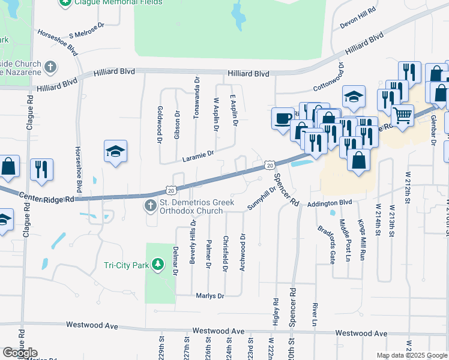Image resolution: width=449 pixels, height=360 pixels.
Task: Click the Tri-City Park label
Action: tap(125, 265)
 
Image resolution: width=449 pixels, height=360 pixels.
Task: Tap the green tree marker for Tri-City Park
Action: tap(157, 265)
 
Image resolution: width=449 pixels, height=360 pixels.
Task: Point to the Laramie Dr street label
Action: tap(197, 156)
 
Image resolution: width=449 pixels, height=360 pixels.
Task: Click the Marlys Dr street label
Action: tap(209, 296)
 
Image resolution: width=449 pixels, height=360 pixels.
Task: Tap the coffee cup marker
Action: tap(282, 117)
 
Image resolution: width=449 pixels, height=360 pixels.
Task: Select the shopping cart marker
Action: tap(402, 114)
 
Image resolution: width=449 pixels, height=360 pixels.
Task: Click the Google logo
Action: tap(20, 353)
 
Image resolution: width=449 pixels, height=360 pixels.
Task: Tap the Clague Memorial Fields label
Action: tap(118, 2)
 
